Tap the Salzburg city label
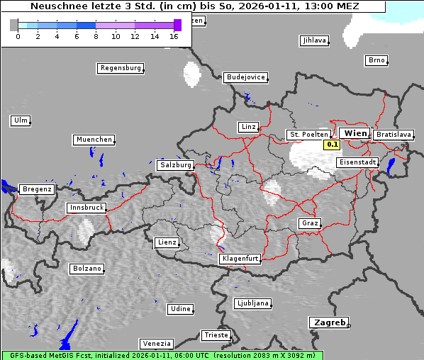point(175,164)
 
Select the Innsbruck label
point(87,208)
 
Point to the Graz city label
point(309,223)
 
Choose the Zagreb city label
point(328,322)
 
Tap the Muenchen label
point(93,140)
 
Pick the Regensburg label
point(120,68)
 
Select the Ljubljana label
point(252,303)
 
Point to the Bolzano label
point(87,269)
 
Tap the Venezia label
point(155,343)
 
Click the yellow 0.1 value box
point(332,145)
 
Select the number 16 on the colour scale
point(174,36)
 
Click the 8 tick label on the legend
point(96,36)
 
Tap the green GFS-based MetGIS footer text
point(162,355)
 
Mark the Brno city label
point(376,60)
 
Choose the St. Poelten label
point(308,134)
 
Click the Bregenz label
point(37,189)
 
